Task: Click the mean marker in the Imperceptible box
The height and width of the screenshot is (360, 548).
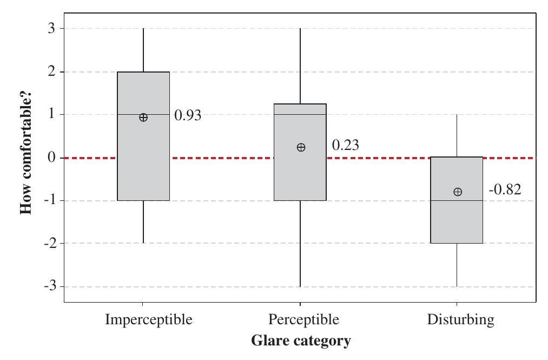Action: coord(143,117)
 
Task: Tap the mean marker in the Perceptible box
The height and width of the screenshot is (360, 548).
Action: coord(301,147)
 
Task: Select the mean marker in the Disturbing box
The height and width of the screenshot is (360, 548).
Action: coord(458,192)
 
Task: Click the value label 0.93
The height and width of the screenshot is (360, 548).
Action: coord(188,115)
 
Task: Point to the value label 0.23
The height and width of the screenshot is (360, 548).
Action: coord(345,145)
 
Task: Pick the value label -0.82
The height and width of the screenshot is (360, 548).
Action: coord(505,189)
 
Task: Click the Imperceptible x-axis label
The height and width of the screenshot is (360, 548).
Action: coord(148,319)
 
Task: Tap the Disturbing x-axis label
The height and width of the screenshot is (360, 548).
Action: coord(460,319)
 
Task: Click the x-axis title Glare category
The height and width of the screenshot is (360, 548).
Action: coord(301,341)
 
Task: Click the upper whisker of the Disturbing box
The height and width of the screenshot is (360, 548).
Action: coord(457,135)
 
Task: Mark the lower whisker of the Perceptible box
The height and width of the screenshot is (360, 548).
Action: coord(300,244)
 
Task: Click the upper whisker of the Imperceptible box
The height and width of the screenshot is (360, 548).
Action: coord(143,50)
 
